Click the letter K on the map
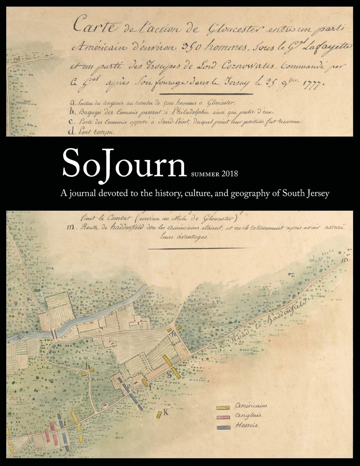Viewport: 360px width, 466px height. pos(166,413)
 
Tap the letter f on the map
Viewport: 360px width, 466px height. pos(150,388)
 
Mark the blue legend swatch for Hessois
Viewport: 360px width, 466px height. pos(223,427)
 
